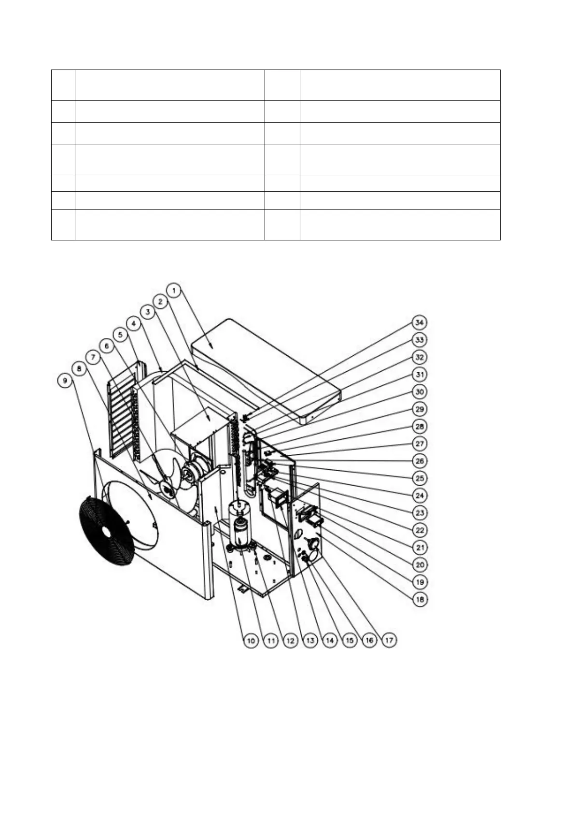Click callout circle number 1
pyautogui.click(x=175, y=290)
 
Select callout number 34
pyautogui.click(x=420, y=322)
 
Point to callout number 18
pyautogui.click(x=420, y=599)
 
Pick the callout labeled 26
pyautogui.click(x=420, y=461)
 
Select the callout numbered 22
pyautogui.click(x=420, y=530)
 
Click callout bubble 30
pyautogui.click(x=420, y=392)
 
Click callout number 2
pyautogui.click(x=161, y=301)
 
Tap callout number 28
pyautogui.click(x=420, y=426)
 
